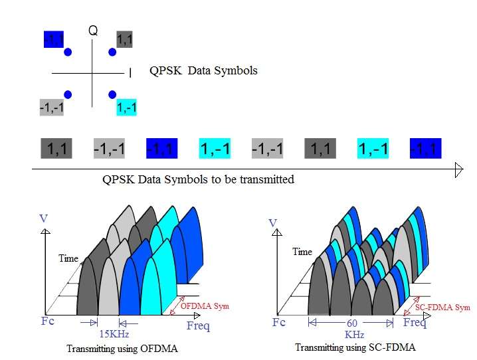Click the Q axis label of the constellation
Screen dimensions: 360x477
tap(93, 30)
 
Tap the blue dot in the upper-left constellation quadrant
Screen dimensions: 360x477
tap(68, 52)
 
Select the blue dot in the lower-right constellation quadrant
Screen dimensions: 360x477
tap(112, 94)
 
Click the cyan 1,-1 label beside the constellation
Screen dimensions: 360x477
tap(126, 107)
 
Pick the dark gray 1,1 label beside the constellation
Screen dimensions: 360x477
tap(124, 40)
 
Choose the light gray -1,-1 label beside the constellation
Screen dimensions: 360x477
tap(51, 107)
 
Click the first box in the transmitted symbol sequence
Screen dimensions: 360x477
tap(56, 149)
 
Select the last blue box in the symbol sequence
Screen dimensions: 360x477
tap(425, 149)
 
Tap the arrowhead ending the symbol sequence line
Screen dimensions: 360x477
tap(458, 170)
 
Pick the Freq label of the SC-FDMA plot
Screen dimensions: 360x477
tap(415, 323)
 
